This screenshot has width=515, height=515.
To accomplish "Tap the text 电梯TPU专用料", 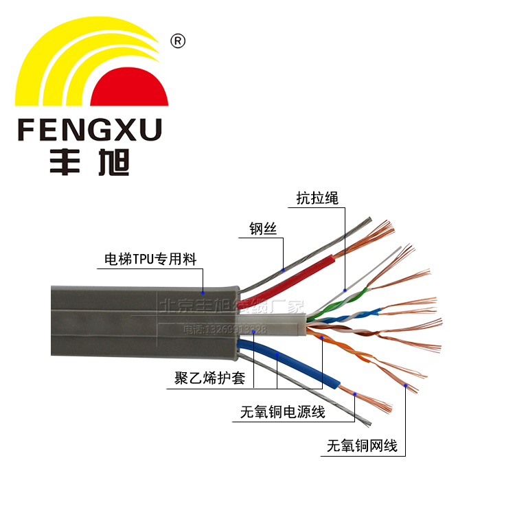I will [150, 260].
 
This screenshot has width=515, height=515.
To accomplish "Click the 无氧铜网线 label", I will [363, 446].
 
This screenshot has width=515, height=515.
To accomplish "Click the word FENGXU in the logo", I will [89, 129].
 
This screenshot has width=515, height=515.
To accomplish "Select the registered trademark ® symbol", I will [177, 42].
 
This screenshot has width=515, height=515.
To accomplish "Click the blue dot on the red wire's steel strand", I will [283, 270].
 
